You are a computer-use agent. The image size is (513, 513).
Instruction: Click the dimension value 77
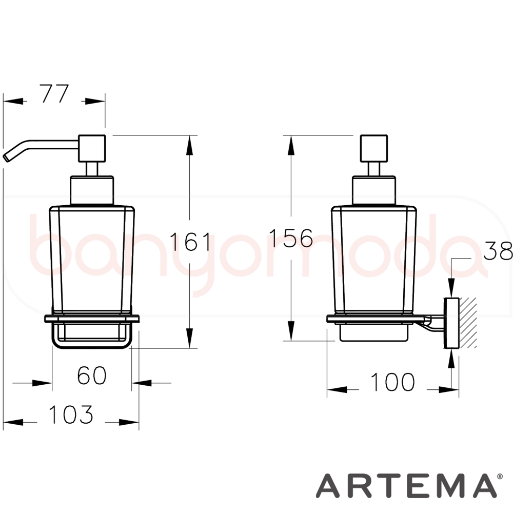(55, 93)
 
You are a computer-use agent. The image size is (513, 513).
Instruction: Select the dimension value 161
(191, 241)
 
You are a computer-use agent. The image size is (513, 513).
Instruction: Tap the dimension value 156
(291, 238)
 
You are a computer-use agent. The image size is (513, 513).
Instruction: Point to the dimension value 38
(498, 251)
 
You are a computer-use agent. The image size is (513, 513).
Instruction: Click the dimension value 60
(92, 376)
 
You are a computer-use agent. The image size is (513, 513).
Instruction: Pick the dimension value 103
(71, 414)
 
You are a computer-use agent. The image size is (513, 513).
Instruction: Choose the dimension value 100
(392, 382)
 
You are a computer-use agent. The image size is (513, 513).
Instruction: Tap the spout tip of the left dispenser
(6, 157)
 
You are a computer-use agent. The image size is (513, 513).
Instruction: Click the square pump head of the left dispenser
(92, 148)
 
